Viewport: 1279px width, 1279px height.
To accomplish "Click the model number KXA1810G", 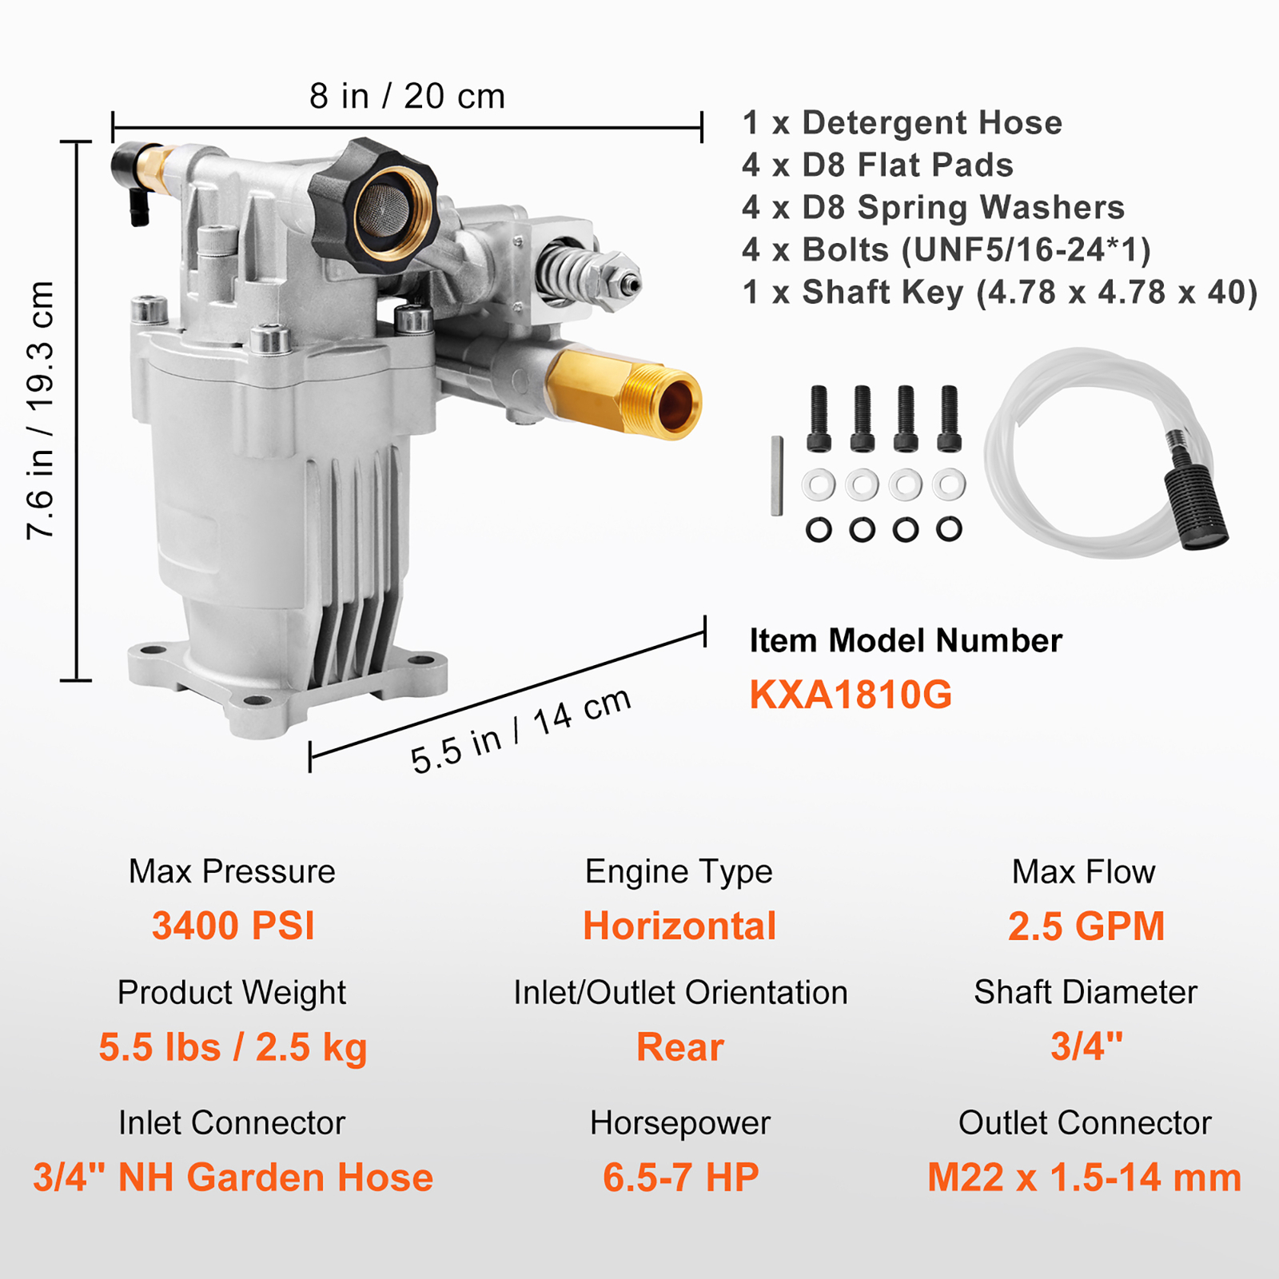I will click(851, 695).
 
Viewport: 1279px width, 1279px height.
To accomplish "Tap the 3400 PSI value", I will click(233, 926).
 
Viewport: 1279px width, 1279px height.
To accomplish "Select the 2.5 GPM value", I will click(1086, 926).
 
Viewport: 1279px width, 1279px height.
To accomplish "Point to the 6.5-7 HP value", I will click(680, 1177).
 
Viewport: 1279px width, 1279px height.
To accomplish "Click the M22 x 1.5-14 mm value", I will click(1084, 1177).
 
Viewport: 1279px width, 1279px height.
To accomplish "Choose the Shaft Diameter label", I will click(1085, 992).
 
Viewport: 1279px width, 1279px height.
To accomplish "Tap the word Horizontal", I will click(679, 926).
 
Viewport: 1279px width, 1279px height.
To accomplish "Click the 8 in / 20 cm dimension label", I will click(407, 96).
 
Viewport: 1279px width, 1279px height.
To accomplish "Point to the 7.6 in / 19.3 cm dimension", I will click(40, 410).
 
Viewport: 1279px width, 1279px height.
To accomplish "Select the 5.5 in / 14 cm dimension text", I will click(520, 731).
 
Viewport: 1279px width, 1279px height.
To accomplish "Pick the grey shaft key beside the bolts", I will click(776, 476).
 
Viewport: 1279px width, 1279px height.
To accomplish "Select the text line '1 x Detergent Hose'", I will click(902, 122).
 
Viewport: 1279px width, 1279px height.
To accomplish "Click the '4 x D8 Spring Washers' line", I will click(933, 207).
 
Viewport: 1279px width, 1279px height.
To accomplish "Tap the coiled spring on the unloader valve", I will click(568, 272).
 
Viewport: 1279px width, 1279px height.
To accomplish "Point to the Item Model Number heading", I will click(906, 640).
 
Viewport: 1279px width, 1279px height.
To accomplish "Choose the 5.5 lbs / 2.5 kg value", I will click(233, 1046).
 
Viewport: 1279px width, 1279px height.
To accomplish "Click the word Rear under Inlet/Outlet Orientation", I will click(679, 1046).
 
